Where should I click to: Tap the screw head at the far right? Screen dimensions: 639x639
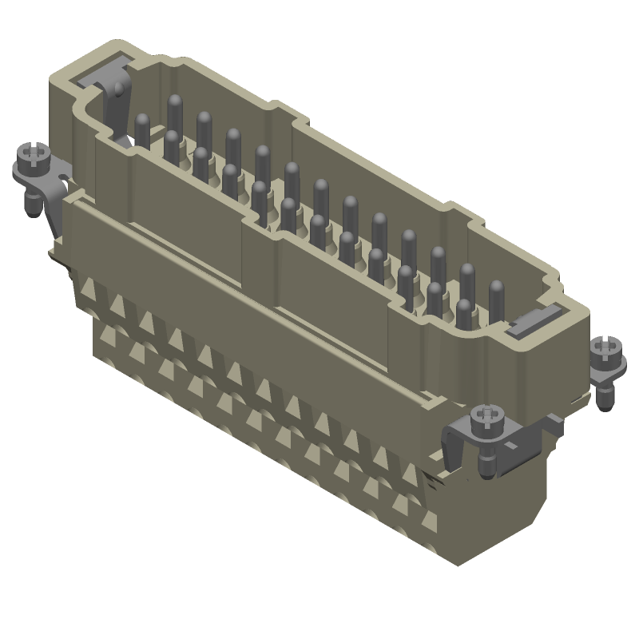pos(604,348)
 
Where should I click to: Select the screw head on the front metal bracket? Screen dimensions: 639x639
pos(486,416)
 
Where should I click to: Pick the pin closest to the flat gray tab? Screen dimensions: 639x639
pos(496,292)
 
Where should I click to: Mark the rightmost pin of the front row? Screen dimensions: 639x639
pos(463,310)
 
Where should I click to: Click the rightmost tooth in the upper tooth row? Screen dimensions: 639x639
pos(410,474)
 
